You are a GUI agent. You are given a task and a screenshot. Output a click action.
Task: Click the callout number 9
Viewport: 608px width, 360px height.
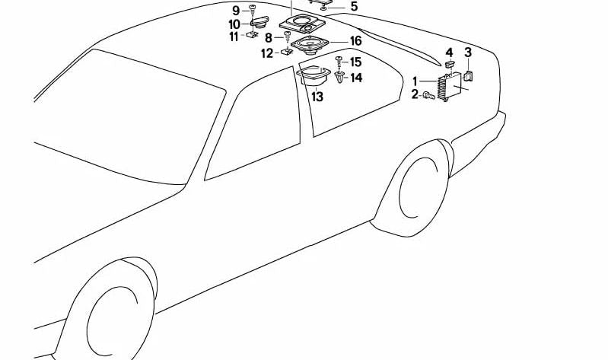[236, 10]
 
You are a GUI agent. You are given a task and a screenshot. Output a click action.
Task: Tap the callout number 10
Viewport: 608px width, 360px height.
[234, 24]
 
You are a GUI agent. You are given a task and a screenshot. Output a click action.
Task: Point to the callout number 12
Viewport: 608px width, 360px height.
[266, 53]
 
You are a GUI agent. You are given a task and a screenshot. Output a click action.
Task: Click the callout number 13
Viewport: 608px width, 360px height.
[317, 97]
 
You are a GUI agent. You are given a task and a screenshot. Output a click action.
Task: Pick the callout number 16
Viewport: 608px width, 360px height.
[355, 41]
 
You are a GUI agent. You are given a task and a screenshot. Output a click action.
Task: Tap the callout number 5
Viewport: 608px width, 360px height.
[353, 7]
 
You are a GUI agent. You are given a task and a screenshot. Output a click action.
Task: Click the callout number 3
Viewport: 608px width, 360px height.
[469, 52]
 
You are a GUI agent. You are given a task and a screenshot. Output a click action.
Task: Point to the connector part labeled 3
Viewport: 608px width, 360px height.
[469, 75]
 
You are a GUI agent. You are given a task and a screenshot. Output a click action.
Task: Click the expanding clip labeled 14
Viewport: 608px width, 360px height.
[340, 77]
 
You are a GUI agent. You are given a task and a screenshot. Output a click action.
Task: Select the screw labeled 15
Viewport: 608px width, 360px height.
[339, 60]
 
